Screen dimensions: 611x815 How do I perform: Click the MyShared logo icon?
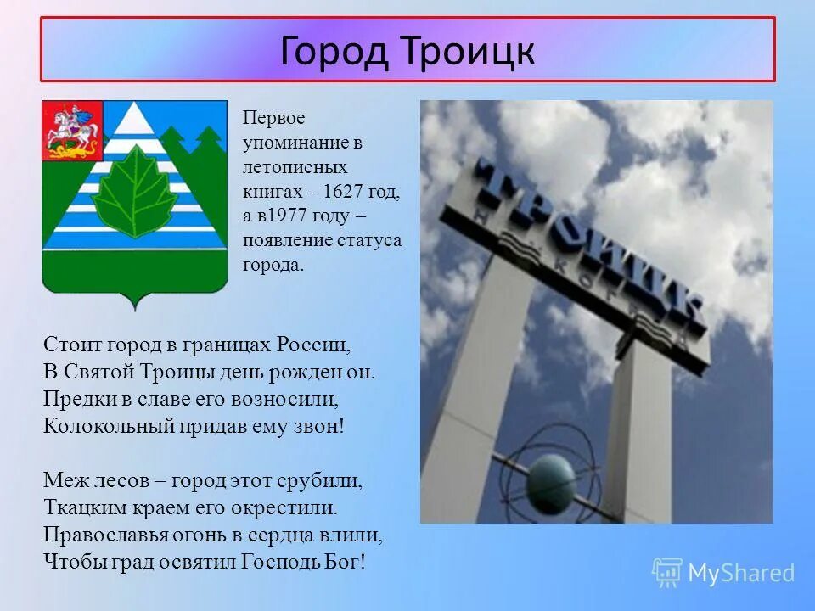point(666,573)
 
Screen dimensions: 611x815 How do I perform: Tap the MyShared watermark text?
point(741,574)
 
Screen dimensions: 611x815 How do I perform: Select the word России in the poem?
point(312,345)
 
